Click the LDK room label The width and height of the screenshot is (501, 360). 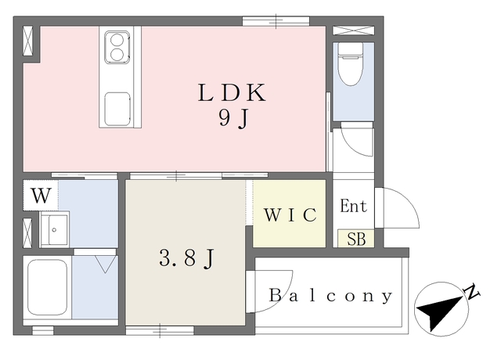232,92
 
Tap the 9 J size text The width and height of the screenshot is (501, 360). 233,119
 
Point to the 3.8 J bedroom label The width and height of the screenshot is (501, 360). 186,258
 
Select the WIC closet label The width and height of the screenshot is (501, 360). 290,214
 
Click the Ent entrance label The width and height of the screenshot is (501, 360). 353,206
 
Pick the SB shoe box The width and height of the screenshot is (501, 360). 356,239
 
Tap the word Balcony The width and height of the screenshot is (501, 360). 330,296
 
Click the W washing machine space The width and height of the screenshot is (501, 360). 41,196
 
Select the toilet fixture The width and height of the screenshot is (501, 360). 351,64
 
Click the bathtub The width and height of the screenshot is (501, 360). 48,287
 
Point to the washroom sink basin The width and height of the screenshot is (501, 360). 55,229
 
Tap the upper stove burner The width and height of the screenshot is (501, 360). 117,40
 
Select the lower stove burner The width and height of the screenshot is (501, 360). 117,54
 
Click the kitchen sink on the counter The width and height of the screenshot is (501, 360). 117,109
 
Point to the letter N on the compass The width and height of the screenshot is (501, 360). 471,291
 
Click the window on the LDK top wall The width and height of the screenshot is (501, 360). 276,21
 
